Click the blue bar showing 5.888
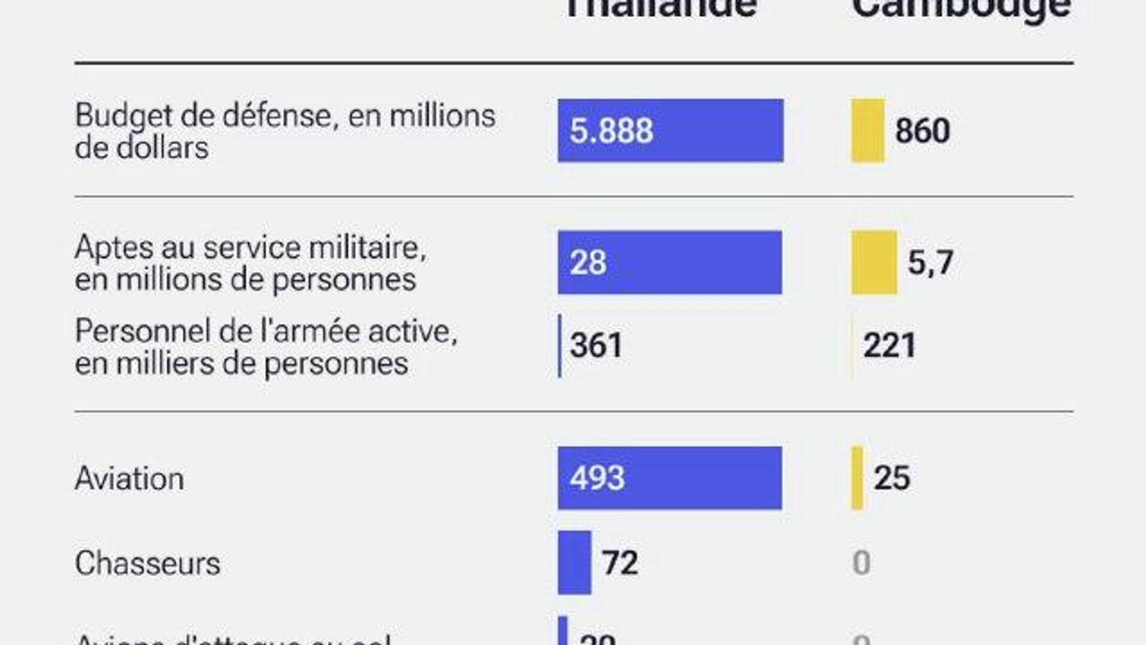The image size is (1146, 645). point(670,131)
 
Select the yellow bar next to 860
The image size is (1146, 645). point(867,131)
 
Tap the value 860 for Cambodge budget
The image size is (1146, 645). point(922,131)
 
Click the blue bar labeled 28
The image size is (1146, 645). point(670,263)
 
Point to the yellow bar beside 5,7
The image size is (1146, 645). point(874,263)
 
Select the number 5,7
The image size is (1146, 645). point(930,263)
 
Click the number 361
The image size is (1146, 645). point(596,345)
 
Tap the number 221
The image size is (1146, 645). point(889,345)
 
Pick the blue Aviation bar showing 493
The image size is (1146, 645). point(670,478)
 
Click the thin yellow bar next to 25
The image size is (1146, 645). point(857,478)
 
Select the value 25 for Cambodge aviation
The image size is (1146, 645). point(892,478)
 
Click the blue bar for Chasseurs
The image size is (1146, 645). point(574,563)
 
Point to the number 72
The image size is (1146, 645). point(620,563)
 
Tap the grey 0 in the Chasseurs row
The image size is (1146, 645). point(861,563)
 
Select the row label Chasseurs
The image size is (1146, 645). point(147,563)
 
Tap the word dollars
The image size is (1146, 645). point(162,147)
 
